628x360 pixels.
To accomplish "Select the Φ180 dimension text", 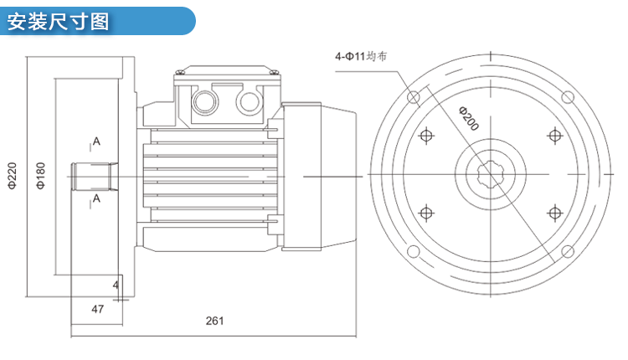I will coord(41,176).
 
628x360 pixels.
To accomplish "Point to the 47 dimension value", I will coord(97,309).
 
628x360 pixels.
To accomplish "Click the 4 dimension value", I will coord(116,285).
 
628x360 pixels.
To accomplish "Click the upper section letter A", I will coord(97,142).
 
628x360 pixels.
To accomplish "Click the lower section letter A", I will coord(97,198).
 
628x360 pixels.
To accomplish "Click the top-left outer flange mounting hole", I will coord(413,98).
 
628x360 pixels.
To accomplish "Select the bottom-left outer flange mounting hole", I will coord(413,252).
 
